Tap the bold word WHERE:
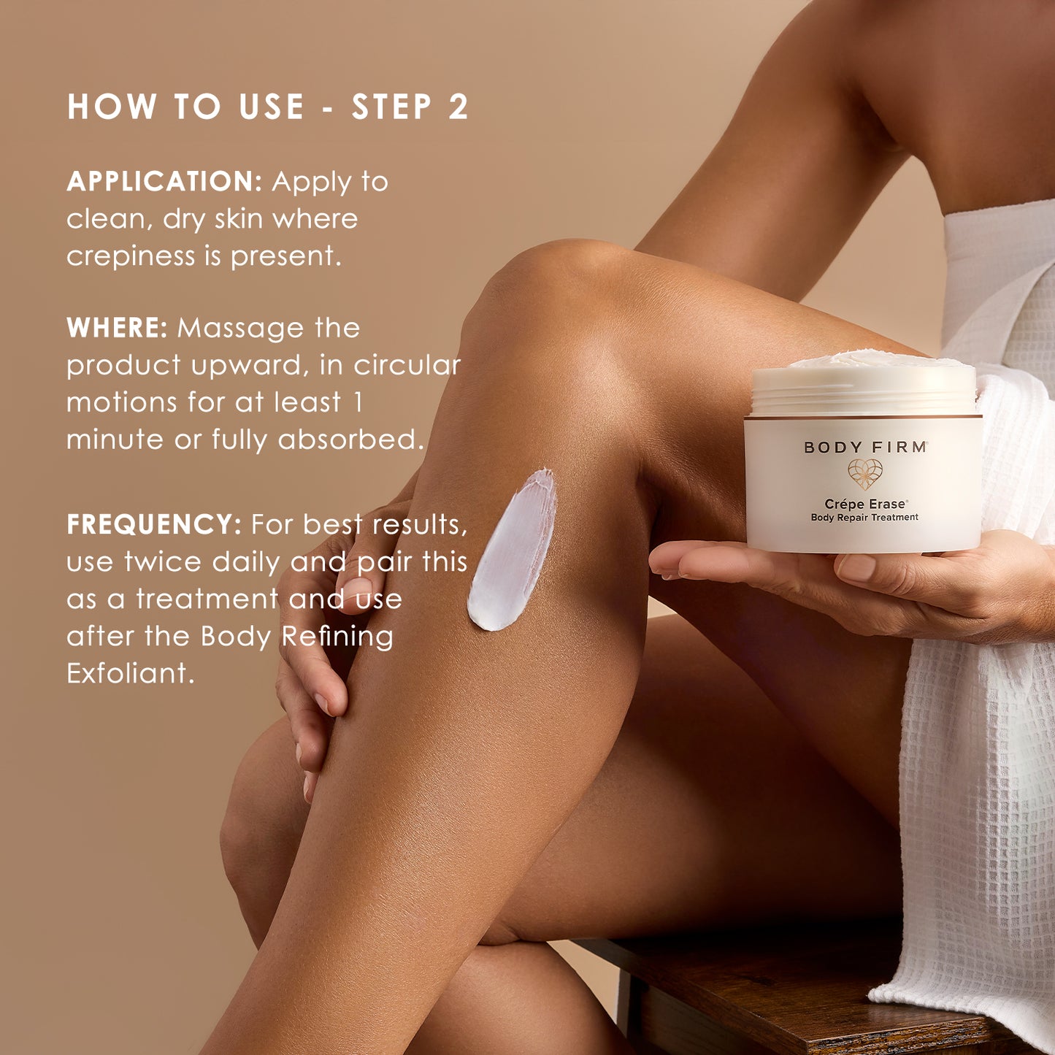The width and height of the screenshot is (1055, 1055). [x=117, y=327]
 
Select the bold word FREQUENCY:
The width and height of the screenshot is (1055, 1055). [x=154, y=524]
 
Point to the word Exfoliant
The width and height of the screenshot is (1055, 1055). [x=130, y=673]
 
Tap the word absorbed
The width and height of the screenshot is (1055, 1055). [x=351, y=439]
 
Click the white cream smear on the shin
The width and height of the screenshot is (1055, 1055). [x=511, y=550]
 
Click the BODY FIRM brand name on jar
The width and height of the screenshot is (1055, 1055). [x=866, y=448]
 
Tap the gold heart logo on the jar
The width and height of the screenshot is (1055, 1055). [x=865, y=474]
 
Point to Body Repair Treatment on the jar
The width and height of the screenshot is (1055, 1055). [x=864, y=518]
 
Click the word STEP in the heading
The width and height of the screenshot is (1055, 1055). [x=392, y=106]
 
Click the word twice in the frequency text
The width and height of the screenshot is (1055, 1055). [x=163, y=561]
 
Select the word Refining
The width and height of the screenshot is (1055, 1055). [x=337, y=637]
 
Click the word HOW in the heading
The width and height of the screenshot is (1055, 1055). [x=112, y=106]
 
